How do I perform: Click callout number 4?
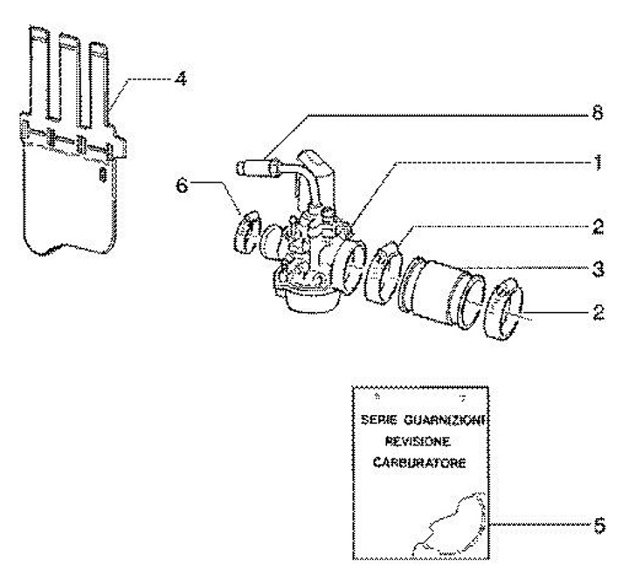tap(179, 79)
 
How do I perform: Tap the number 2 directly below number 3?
tap(598, 311)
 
